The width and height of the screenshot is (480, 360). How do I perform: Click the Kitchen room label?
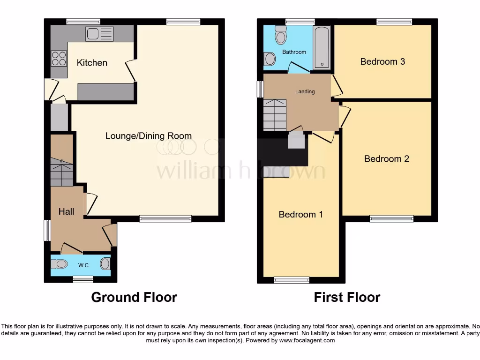(92, 63)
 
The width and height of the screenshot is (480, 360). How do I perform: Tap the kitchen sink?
(99, 34)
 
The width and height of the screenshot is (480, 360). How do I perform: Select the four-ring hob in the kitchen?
(59, 58)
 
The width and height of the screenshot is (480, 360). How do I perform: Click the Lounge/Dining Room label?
(149, 136)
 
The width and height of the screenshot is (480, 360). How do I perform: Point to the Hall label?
(66, 212)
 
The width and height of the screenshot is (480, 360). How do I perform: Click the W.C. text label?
(84, 265)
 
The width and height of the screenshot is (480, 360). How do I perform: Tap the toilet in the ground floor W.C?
(60, 264)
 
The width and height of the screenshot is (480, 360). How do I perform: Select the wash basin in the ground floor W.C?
(105, 264)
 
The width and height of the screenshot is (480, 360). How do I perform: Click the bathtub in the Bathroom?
(322, 47)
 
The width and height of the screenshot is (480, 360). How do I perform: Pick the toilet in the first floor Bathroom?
(281, 35)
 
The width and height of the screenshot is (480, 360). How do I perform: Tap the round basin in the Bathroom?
(270, 59)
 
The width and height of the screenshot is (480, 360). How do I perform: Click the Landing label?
(305, 91)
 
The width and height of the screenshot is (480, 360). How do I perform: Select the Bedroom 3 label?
(382, 61)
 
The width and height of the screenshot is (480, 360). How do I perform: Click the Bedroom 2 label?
(387, 159)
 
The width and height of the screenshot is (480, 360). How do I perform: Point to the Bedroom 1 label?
(301, 214)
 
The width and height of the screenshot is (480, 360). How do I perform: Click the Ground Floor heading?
(134, 297)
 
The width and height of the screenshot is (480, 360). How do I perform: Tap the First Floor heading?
(347, 297)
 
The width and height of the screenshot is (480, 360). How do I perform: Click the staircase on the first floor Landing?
(275, 115)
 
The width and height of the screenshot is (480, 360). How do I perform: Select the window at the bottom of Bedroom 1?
(292, 280)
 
